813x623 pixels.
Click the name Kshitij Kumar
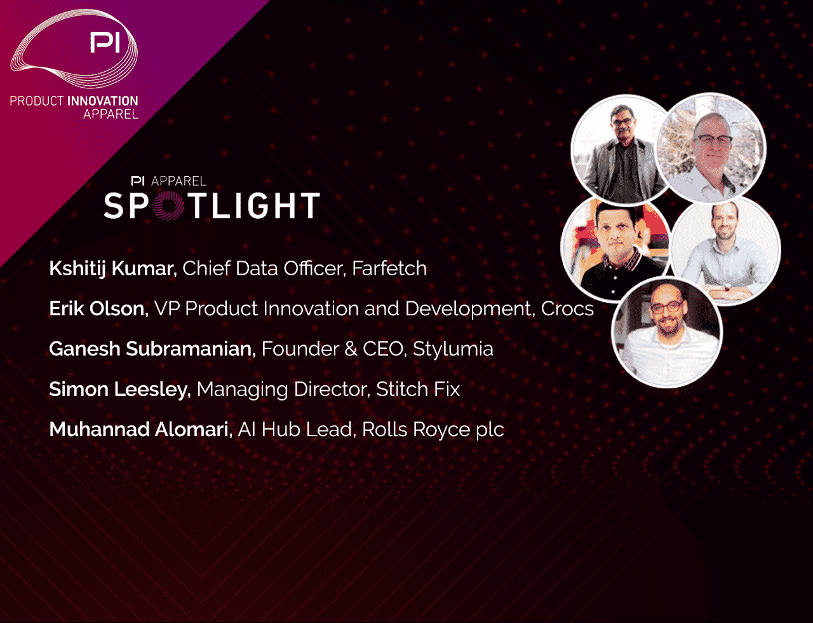click(113, 269)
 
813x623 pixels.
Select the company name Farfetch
click(389, 268)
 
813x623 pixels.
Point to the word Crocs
click(567, 308)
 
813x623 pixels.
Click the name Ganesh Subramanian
click(152, 348)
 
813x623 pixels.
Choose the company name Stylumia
click(453, 349)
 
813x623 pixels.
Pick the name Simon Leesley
click(119, 389)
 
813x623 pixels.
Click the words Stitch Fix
click(418, 388)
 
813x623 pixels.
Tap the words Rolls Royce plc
click(433, 430)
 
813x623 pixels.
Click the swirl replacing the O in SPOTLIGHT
click(168, 205)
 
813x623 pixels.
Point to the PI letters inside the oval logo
click(105, 42)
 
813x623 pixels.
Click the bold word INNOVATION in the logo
click(102, 100)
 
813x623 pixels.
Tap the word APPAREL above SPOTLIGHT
click(178, 181)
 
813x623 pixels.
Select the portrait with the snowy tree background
click(711, 148)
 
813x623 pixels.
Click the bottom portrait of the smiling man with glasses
click(667, 332)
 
